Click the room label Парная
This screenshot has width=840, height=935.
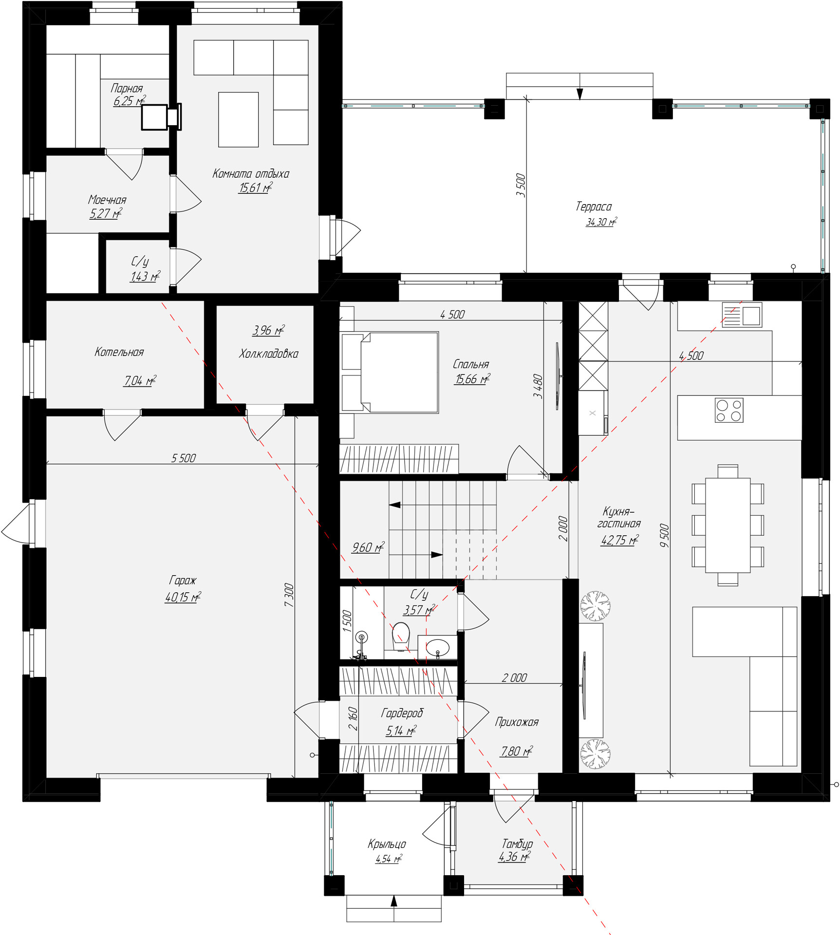(x=127, y=88)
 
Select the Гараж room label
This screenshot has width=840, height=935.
(x=183, y=580)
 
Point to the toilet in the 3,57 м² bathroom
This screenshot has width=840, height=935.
(x=401, y=636)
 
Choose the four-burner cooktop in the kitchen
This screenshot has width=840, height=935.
(x=729, y=410)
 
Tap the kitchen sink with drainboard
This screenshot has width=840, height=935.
(x=742, y=315)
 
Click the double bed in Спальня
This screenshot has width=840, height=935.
(x=390, y=373)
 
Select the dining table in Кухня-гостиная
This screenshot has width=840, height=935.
(x=728, y=525)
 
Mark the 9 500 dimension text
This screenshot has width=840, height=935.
(x=664, y=535)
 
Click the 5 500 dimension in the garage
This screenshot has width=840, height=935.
(x=184, y=458)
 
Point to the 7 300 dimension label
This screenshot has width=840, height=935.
(x=289, y=595)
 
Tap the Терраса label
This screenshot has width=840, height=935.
(x=594, y=206)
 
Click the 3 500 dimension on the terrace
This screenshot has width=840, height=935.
(x=521, y=185)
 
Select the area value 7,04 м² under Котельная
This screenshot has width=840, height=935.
(x=140, y=380)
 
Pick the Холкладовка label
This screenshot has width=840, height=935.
(x=268, y=354)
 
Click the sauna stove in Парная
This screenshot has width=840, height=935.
(x=161, y=117)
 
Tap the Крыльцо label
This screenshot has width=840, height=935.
(x=387, y=843)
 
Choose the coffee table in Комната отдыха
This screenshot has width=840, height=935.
(x=238, y=119)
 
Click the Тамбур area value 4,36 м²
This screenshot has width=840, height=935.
(x=514, y=857)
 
